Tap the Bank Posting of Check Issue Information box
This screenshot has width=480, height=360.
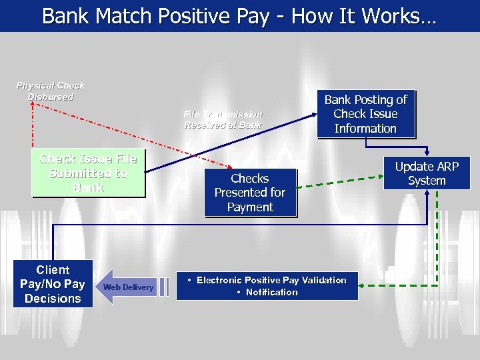click(365, 114)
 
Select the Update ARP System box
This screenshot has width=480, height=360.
click(427, 173)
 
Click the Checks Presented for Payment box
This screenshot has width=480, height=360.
click(249, 193)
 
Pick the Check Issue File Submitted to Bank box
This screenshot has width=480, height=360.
click(88, 173)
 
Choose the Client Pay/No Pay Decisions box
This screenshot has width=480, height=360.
click(53, 284)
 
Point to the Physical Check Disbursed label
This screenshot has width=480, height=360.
click(51, 91)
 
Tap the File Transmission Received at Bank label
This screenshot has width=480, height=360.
click(223, 119)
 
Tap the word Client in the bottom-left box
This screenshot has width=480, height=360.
click(53, 270)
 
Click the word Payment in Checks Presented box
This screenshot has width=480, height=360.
click(249, 207)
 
